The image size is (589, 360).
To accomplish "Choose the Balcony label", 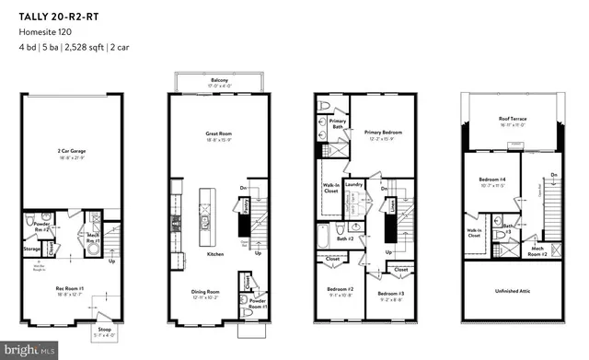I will click(219, 81).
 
